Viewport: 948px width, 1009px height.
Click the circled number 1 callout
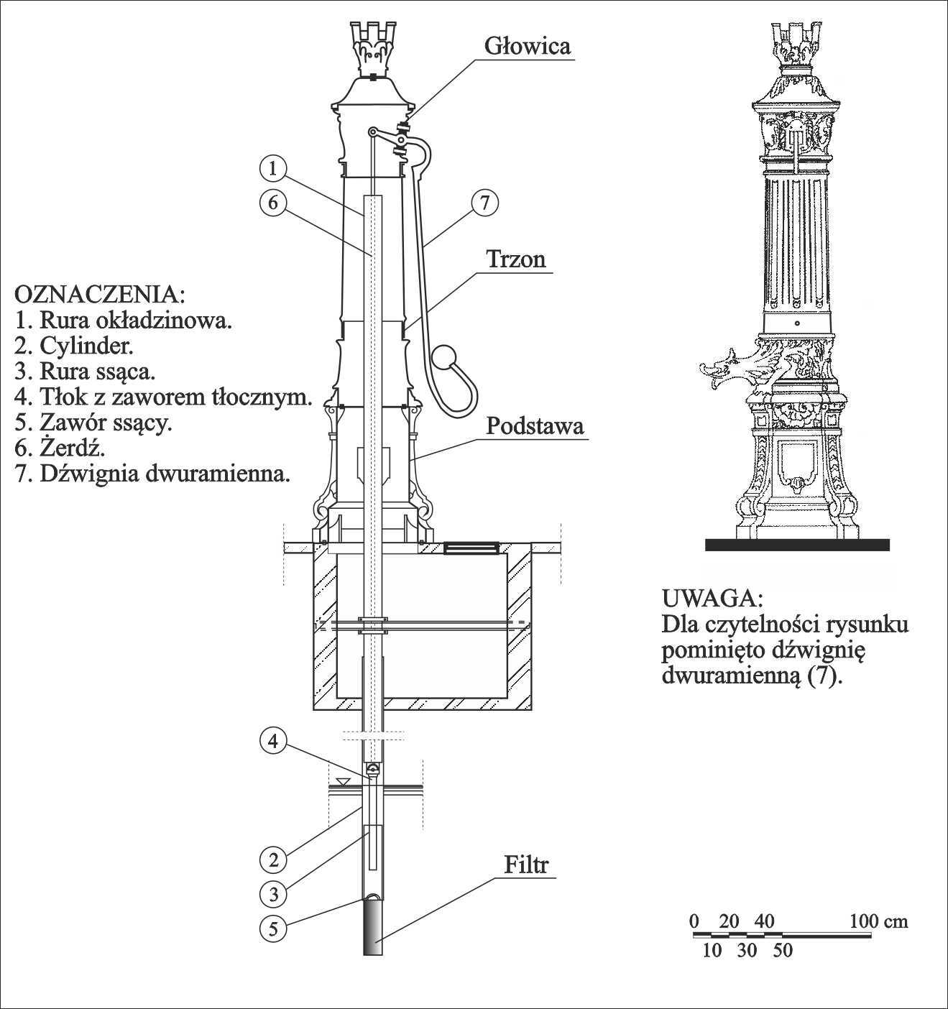tap(272, 169)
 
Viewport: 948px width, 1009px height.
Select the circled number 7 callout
tap(485, 203)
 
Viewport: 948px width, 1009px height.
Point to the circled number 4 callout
tap(272, 741)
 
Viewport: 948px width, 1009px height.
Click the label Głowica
tap(527, 46)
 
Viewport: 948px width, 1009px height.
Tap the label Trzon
tap(517, 259)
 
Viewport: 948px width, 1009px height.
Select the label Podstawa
tap(535, 426)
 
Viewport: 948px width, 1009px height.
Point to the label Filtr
tap(525, 865)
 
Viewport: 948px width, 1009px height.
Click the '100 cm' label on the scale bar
tap(878, 921)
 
